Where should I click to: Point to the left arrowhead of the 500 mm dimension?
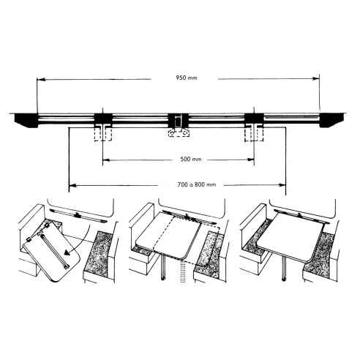coord(105,160)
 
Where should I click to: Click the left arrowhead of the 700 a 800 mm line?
coord(71,184)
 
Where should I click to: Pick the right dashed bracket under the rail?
coord(253,134)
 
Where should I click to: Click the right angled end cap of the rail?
coord(333,121)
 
